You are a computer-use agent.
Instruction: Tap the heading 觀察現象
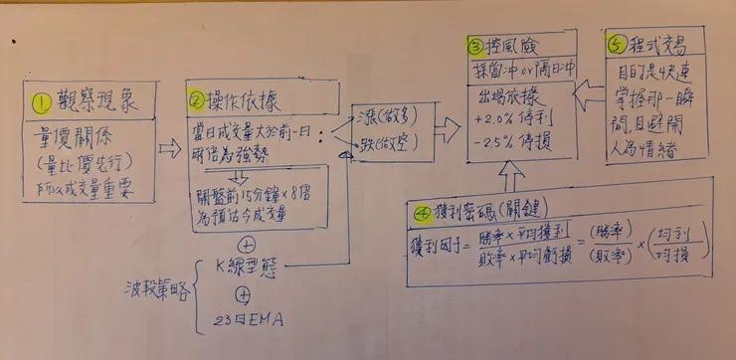point(94,100)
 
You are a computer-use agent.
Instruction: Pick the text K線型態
point(249,267)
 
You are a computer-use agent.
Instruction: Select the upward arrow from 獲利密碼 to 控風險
point(508,177)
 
